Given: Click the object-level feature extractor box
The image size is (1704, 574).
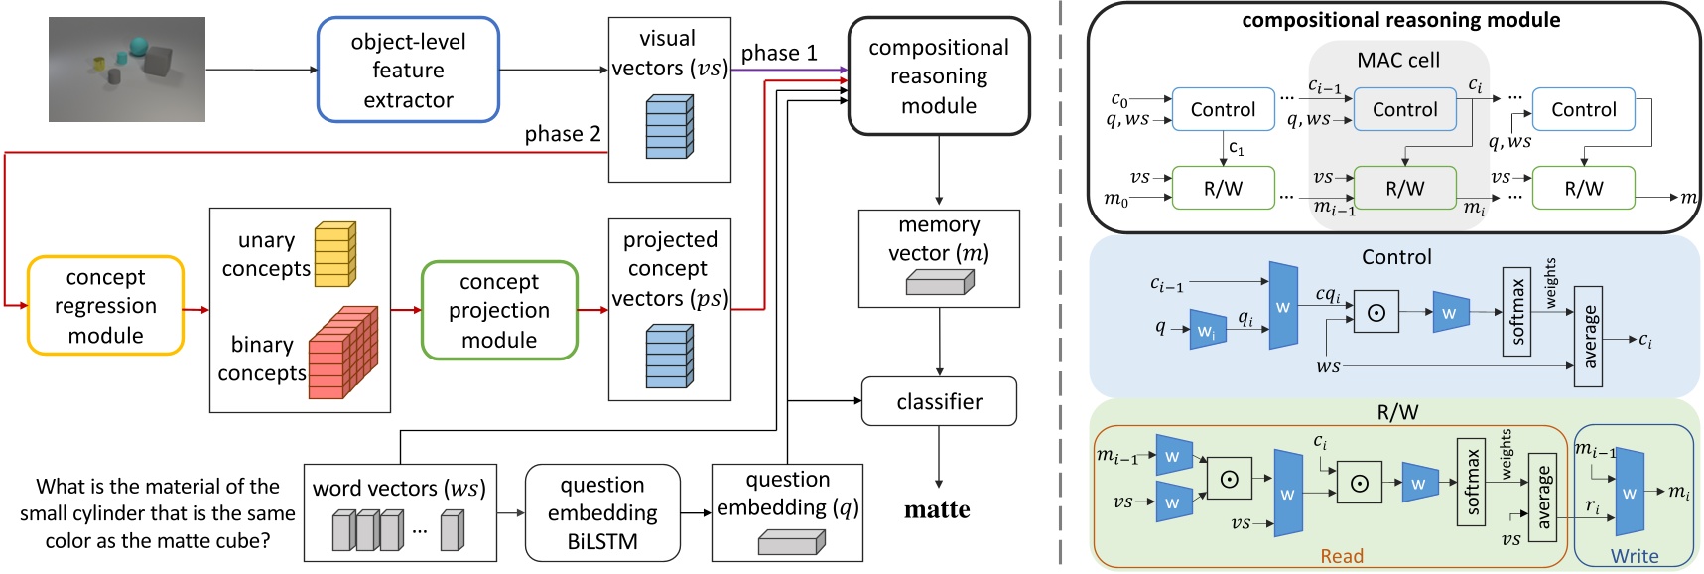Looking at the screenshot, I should [x=408, y=70].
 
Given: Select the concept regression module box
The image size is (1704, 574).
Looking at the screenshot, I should [x=105, y=306].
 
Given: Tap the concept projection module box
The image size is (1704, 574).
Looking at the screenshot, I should [x=499, y=310].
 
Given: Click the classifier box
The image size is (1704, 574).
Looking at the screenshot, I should [x=939, y=401].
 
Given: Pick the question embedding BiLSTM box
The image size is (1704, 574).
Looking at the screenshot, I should [x=602, y=512].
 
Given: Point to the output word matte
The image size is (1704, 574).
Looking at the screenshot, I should [x=937, y=510].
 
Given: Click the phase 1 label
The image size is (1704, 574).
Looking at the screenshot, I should [x=779, y=54].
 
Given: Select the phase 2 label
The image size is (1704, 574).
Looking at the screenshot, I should [x=562, y=134].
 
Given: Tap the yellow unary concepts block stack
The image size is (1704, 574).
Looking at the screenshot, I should [x=334, y=255].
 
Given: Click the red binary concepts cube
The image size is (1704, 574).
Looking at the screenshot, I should [x=342, y=353].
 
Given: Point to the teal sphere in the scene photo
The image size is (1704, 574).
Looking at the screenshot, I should [x=137, y=47].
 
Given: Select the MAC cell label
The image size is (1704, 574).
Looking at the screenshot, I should [x=1398, y=60].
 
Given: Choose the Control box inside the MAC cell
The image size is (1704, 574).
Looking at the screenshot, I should [x=1404, y=110].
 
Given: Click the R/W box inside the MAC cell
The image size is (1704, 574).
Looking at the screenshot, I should [x=1404, y=188].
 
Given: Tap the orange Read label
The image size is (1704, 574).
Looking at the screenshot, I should [x=1342, y=556].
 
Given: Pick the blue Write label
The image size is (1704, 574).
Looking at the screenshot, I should [x=1635, y=556].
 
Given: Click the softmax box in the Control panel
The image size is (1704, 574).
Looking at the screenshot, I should [x=1516, y=311].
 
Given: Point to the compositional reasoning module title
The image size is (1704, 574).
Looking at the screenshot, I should [x=1400, y=20].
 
